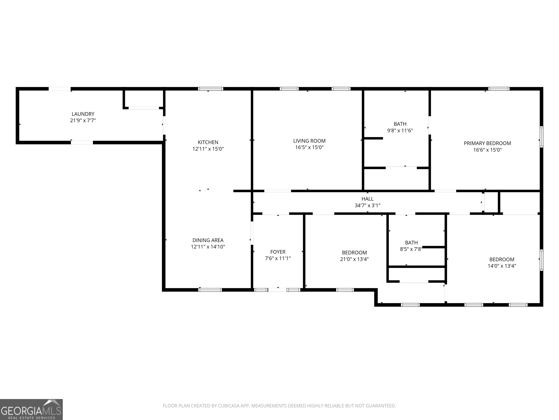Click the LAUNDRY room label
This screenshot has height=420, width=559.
pyautogui.click(x=83, y=114)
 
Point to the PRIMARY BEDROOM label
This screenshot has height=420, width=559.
pyautogui.click(x=487, y=143)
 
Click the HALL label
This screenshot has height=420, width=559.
pyautogui.click(x=367, y=199)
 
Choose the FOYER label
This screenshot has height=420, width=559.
pyautogui.click(x=278, y=252)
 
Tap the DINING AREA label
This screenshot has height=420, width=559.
pyautogui.click(x=208, y=240)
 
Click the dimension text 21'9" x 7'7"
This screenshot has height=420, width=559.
pyautogui.click(x=83, y=120)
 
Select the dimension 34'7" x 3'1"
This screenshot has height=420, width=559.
pyautogui.click(x=367, y=205)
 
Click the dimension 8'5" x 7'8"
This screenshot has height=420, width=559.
pyautogui.click(x=411, y=249)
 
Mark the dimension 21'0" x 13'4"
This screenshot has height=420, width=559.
pyautogui.click(x=354, y=259)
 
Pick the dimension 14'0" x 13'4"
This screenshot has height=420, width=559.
pyautogui.click(x=502, y=266)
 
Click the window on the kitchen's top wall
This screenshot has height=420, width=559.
pyautogui.click(x=211, y=89)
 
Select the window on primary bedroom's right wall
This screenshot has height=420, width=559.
pyautogui.click(x=541, y=137)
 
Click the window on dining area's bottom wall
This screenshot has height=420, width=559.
pyautogui.click(x=210, y=290)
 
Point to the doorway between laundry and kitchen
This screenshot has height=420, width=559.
pyautogui.click(x=164, y=125)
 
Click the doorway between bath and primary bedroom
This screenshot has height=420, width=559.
pyautogui.click(x=430, y=125)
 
